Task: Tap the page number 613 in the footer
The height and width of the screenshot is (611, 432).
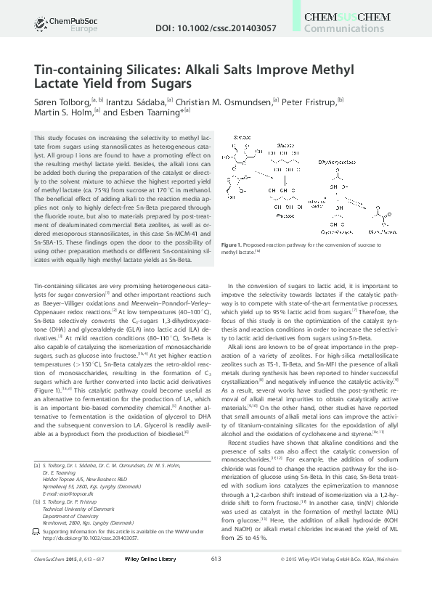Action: coord(216,599)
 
